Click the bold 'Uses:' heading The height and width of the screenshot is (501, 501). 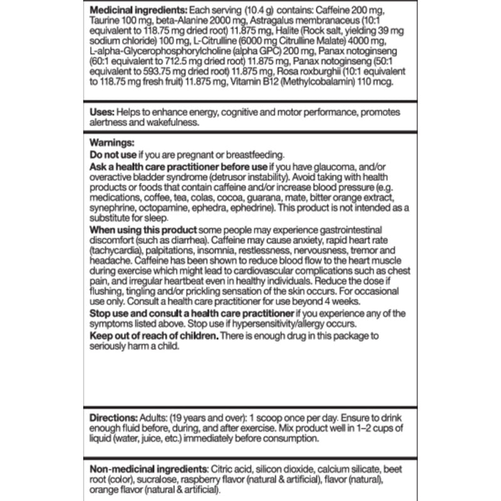(101, 111)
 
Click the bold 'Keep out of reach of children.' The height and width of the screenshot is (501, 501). (154, 336)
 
